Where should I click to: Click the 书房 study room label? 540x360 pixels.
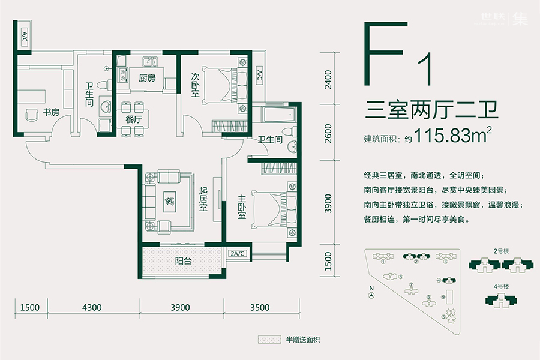[x=50, y=112]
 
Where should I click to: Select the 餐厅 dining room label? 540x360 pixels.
[x=133, y=119]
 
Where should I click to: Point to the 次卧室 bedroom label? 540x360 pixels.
[x=195, y=85]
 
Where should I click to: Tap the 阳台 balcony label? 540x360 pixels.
[x=184, y=261]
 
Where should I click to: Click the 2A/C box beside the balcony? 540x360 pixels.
[x=238, y=253]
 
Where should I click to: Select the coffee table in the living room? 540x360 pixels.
[x=170, y=200]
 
